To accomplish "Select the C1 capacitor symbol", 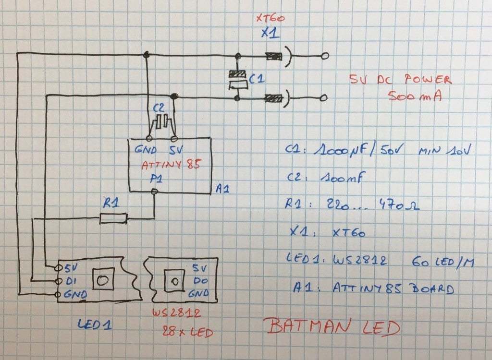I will click(238, 80).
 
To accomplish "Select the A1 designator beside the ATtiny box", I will click(222, 189).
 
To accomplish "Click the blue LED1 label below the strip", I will click(95, 324).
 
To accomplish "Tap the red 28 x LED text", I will click(187, 332).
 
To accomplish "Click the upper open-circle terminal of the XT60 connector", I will click(325, 56).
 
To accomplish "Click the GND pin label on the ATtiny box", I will click(146, 149).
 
